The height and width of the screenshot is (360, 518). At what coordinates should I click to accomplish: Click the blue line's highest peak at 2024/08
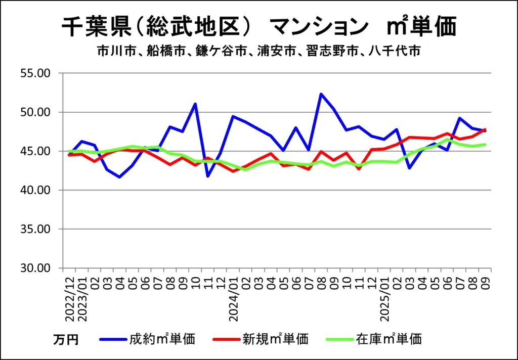click(321, 94)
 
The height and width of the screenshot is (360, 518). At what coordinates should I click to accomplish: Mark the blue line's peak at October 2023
click(195, 104)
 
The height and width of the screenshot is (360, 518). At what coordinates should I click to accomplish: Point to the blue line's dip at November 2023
click(208, 176)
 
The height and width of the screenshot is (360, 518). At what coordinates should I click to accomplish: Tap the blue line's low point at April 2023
click(120, 177)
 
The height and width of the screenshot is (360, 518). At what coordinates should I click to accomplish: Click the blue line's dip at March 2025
click(409, 168)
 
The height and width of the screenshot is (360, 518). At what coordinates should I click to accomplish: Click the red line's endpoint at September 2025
click(484, 129)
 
